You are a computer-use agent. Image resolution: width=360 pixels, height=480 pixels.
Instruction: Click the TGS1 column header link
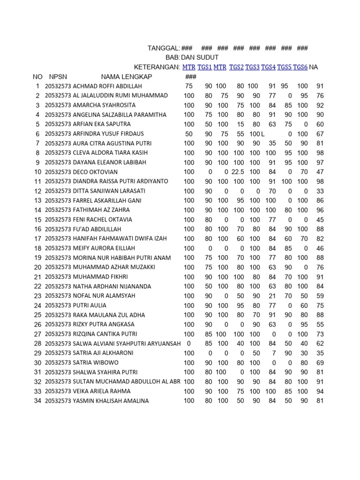pos(204,67)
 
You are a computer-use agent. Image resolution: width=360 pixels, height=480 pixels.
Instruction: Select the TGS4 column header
pos(268,67)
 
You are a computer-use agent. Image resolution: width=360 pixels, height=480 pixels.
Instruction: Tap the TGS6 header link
pos(300,67)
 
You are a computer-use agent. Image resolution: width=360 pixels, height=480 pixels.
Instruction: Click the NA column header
pos(314,67)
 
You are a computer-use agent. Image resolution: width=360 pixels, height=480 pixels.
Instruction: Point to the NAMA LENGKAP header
pos(126,77)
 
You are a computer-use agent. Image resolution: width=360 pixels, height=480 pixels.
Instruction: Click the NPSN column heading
pos(58,77)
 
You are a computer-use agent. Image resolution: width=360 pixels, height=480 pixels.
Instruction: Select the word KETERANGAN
pos(157,67)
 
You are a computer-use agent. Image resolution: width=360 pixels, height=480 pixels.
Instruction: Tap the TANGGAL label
pos(163,48)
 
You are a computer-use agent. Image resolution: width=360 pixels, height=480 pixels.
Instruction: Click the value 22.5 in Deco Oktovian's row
pos(238,172)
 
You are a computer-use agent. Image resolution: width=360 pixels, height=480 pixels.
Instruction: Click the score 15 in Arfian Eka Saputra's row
pos(240,124)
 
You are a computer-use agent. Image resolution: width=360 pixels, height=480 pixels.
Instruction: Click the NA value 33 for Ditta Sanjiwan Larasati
pos(320,191)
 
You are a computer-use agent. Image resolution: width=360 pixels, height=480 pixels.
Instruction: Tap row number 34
pos(37,401)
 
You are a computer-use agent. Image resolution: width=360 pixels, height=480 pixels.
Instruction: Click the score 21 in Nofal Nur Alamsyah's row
pos(272,296)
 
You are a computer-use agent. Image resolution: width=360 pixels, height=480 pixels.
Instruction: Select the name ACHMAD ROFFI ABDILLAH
pos(107,86)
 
